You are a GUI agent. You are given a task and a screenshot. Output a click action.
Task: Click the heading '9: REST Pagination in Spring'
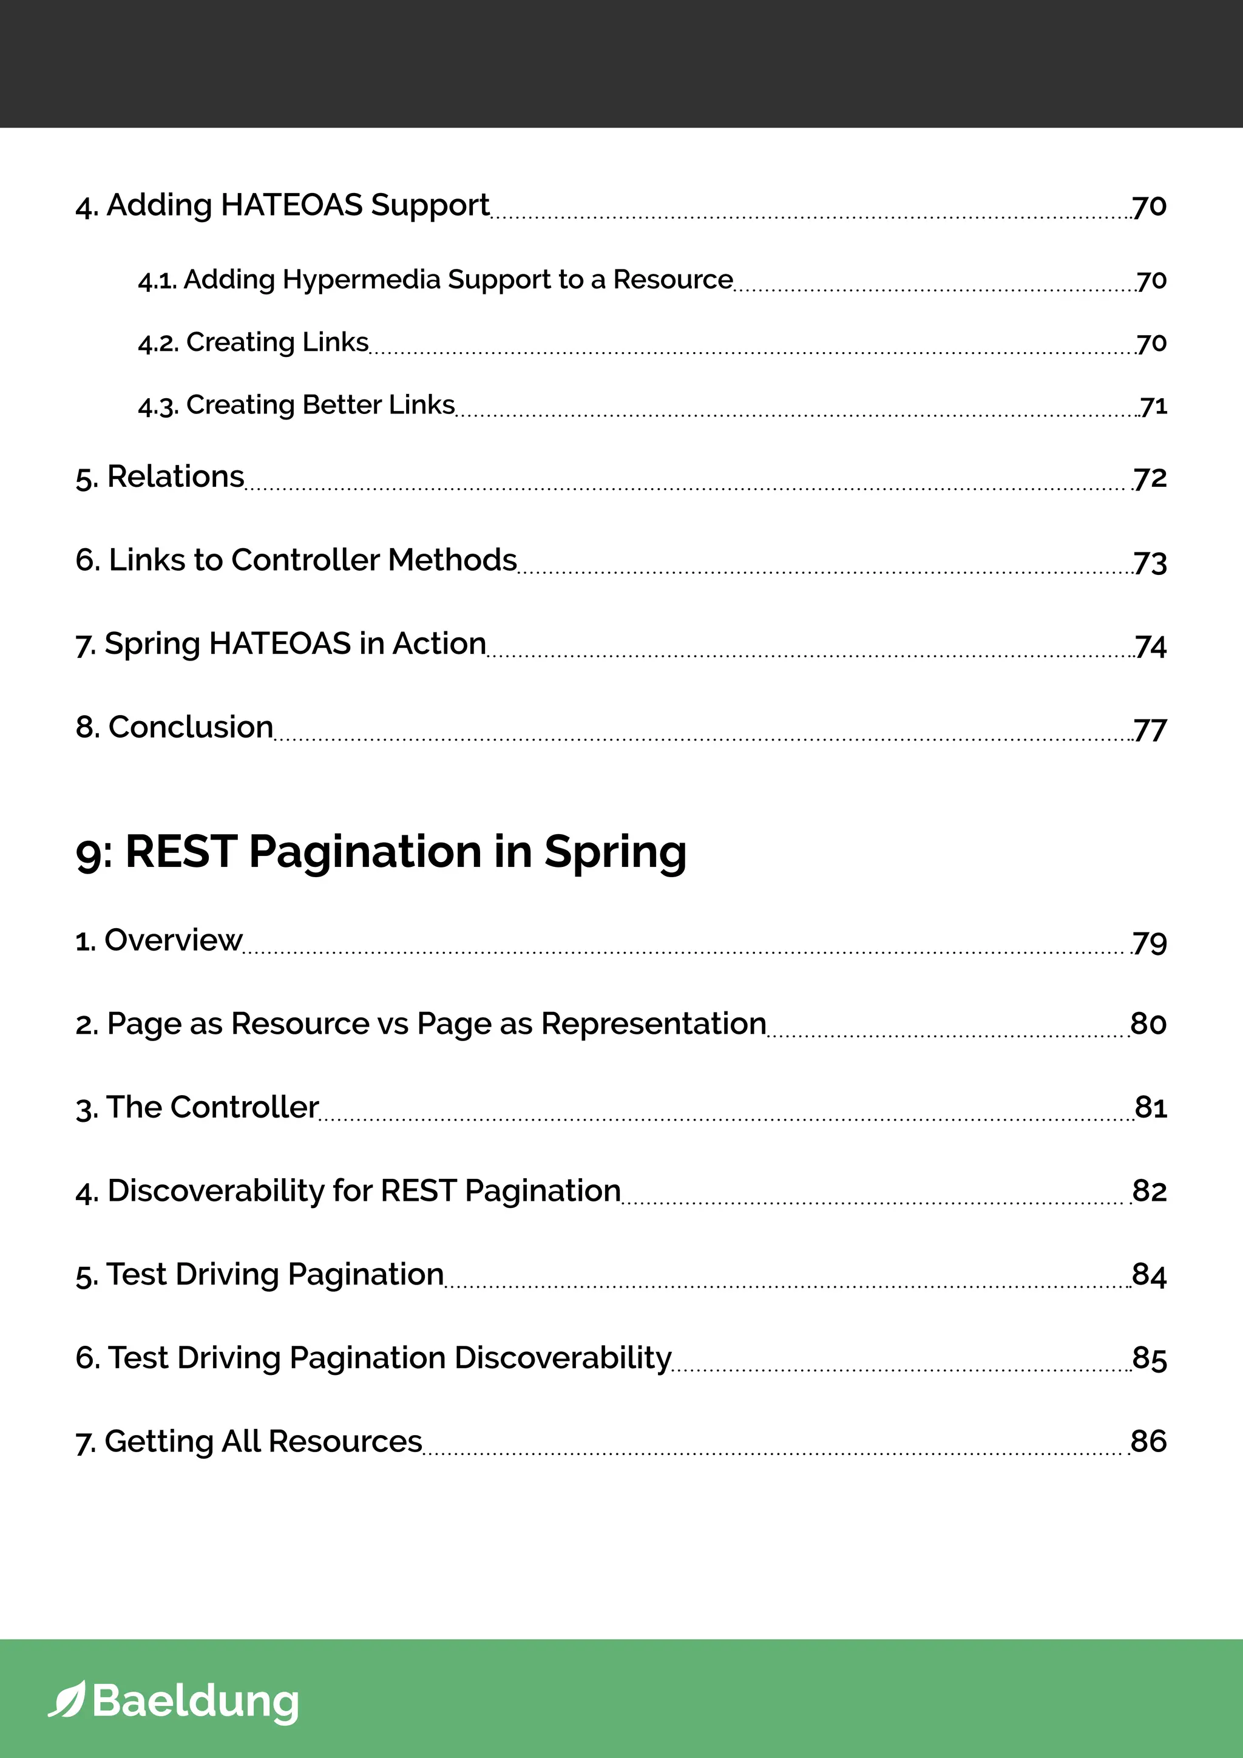[381, 852]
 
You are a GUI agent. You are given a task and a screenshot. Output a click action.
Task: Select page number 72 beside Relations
[1150, 478]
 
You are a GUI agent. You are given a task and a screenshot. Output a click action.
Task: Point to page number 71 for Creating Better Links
[1153, 406]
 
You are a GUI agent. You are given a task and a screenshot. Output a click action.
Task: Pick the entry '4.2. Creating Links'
[253, 342]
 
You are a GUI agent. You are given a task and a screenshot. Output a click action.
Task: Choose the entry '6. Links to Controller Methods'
[296, 560]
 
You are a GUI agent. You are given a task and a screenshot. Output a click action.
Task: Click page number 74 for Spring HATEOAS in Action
[1150, 647]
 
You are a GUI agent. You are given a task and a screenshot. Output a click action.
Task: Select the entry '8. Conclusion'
[175, 727]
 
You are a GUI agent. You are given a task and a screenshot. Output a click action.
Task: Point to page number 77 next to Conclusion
[1150, 730]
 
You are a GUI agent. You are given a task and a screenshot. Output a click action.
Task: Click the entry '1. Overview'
[158, 940]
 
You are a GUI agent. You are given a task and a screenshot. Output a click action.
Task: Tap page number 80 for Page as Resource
[1148, 1023]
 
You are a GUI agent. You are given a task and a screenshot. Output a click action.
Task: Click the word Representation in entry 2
[653, 1023]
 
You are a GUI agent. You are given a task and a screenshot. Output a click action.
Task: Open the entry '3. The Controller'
[197, 1107]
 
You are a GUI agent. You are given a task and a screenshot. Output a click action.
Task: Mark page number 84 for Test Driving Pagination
[1149, 1275]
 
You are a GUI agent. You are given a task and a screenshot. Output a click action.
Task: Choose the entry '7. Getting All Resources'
[249, 1441]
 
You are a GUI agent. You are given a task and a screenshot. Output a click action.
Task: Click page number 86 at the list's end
[1148, 1441]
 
